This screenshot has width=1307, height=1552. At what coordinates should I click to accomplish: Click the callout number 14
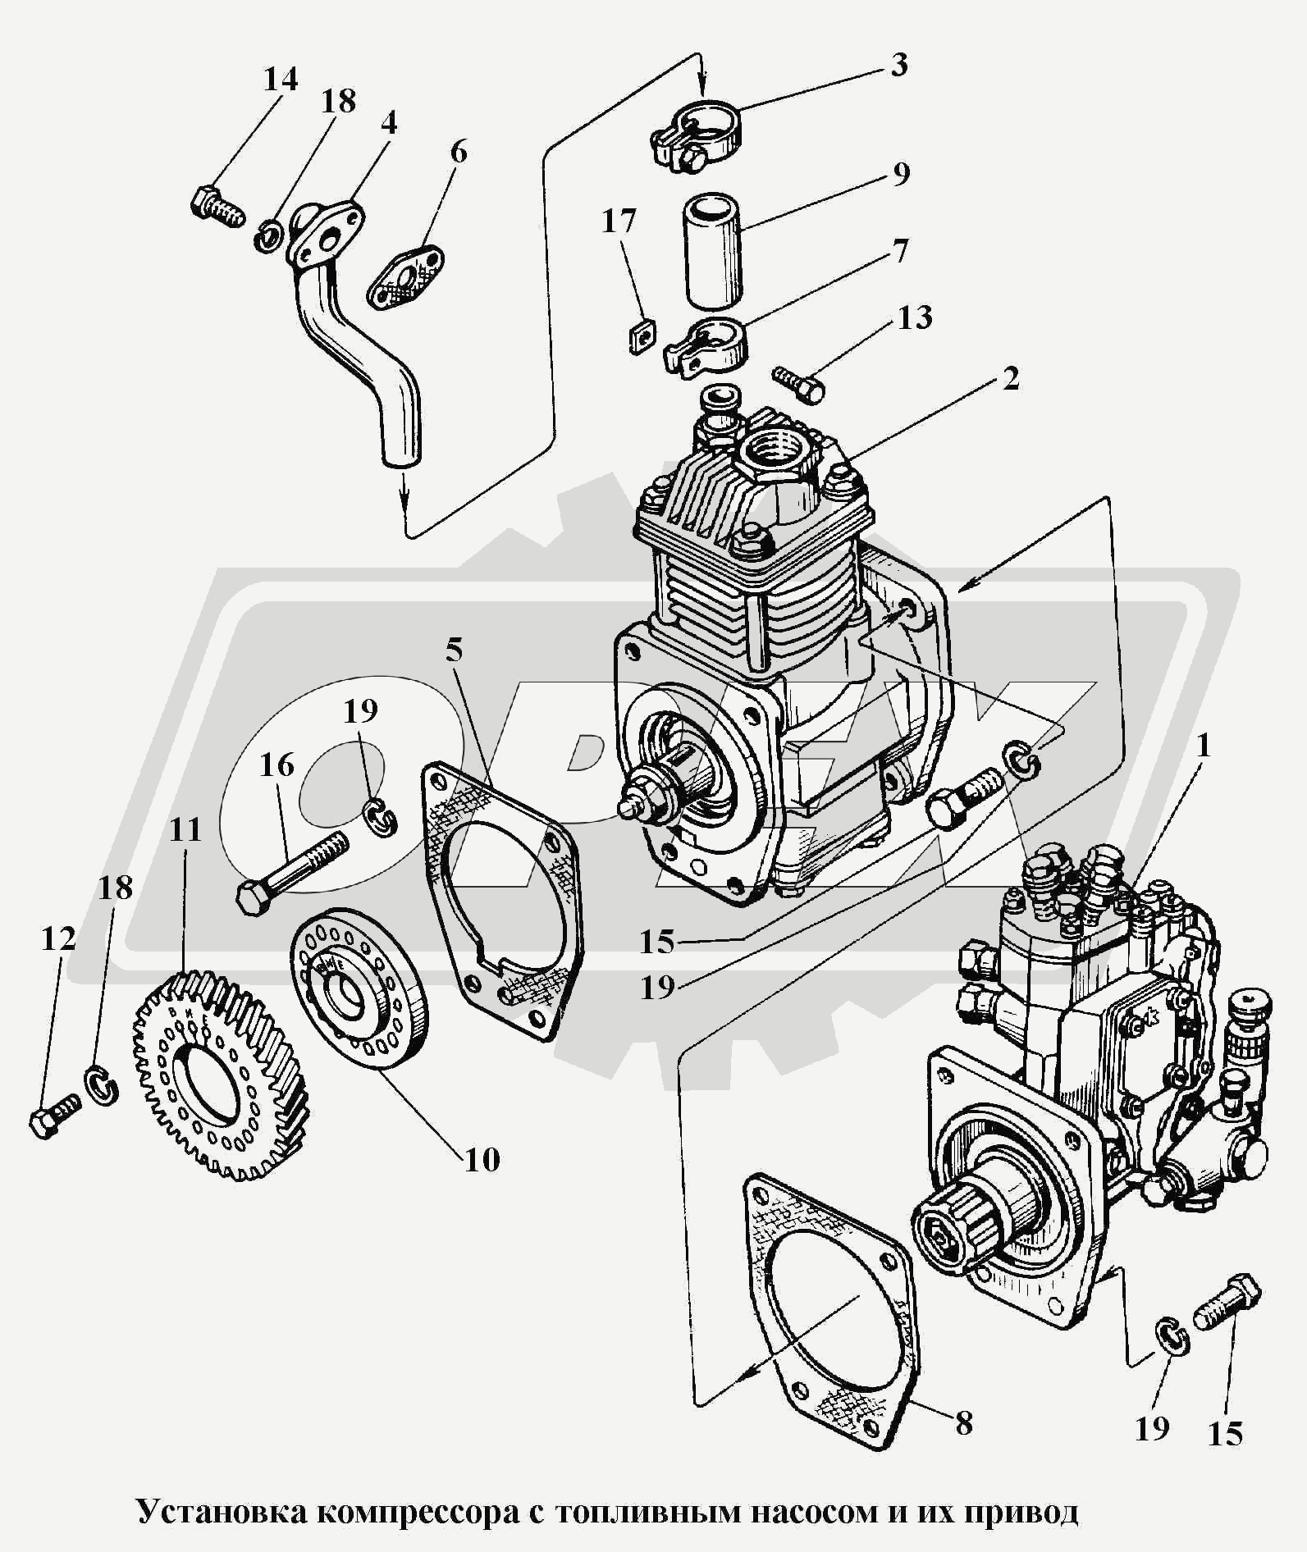point(280,79)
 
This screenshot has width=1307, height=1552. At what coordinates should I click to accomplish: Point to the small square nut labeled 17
point(642,336)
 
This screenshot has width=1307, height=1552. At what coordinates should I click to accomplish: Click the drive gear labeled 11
point(226,1075)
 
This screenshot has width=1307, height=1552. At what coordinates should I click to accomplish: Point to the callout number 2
point(1010,378)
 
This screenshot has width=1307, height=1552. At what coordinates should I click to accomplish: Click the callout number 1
point(1204,747)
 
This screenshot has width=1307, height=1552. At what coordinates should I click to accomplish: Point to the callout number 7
point(900,251)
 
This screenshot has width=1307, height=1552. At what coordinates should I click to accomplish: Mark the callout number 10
point(482,1160)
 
